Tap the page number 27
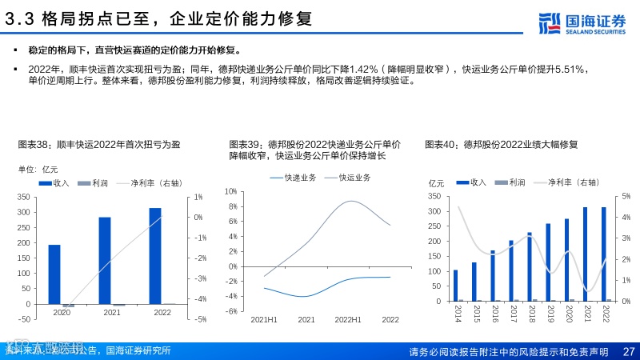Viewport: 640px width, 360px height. click(628, 352)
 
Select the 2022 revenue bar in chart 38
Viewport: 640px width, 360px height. click(155, 256)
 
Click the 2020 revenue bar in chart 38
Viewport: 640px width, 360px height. click(54, 274)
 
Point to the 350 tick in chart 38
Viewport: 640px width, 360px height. click(22, 197)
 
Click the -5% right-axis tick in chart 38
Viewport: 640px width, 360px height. click(201, 319)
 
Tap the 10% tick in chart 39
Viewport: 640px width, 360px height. click(231, 192)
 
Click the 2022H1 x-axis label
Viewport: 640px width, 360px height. click(348, 319)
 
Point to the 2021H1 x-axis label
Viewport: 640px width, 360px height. click(264, 319)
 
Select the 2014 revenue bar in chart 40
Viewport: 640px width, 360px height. click(456, 286)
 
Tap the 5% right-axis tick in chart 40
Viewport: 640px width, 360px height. click(626, 196)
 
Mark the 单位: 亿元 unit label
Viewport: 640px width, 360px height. click(38, 169)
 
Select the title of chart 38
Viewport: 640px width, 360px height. click(99, 144)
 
